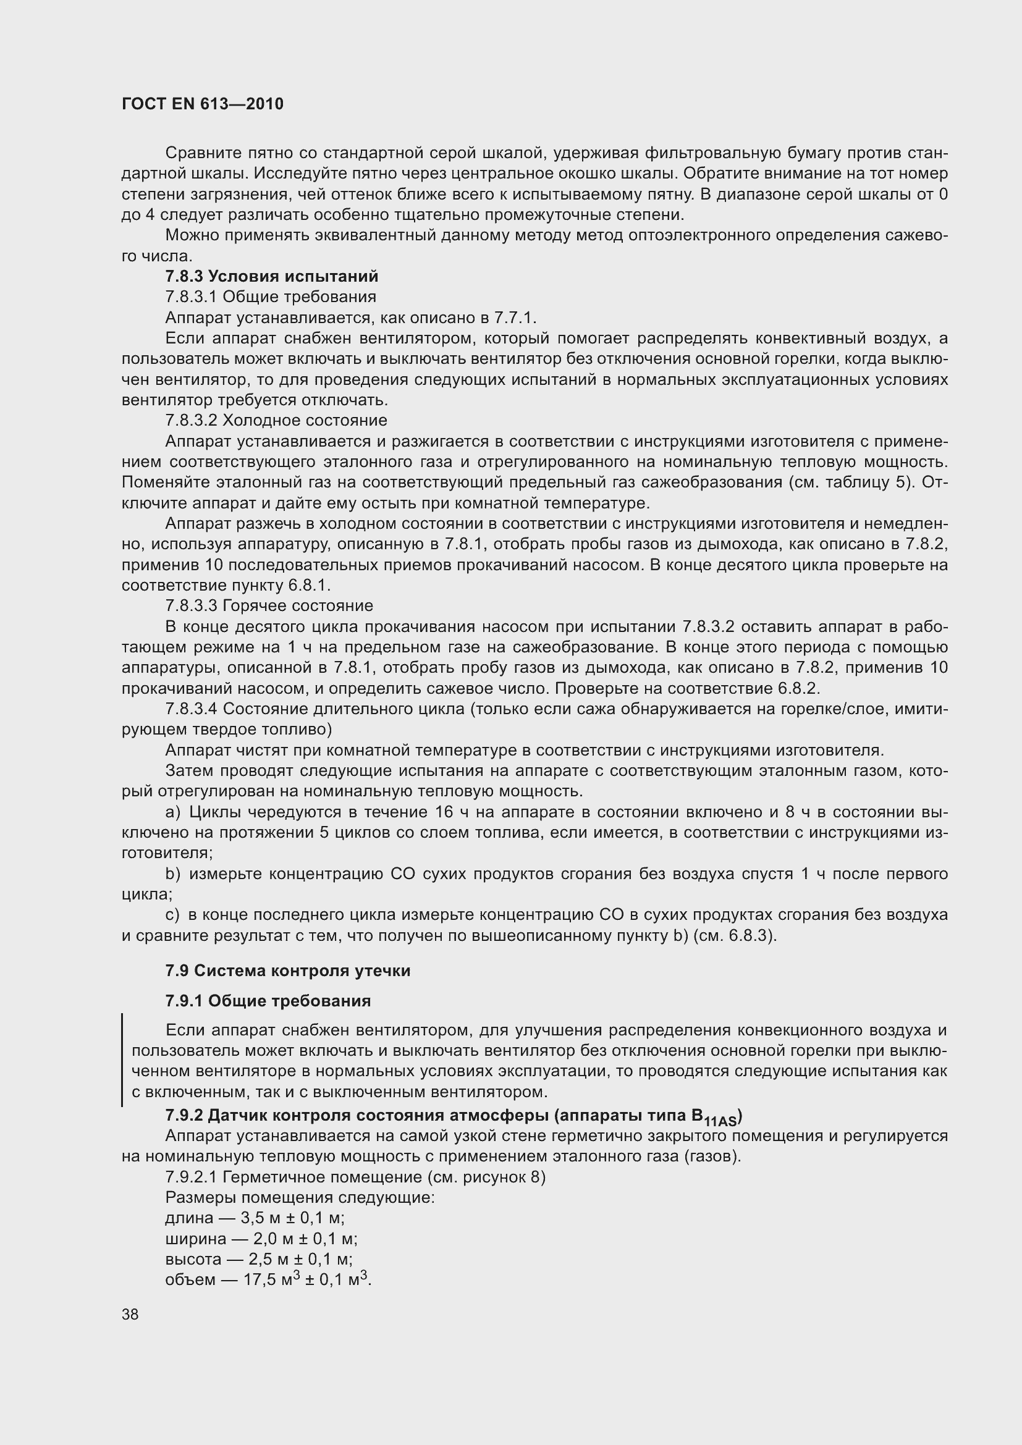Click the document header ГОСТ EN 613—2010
coord(202,104)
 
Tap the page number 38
coord(130,1314)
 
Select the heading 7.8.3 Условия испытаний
coord(272,276)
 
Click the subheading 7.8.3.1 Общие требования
coord(271,297)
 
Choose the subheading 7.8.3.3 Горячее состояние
coord(269,605)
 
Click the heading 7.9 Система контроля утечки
coord(287,971)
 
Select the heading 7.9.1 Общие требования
coord(268,1001)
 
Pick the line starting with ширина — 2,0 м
coord(261,1239)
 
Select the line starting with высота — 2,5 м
coord(259,1259)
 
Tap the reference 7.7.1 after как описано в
coord(514,317)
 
